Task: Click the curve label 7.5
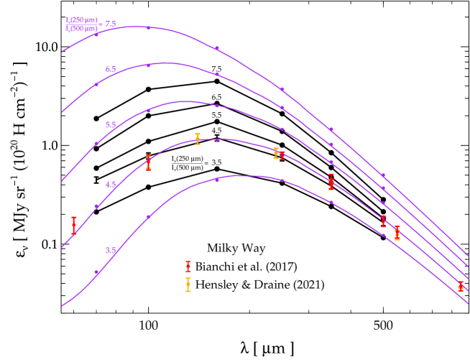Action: pos(111,24)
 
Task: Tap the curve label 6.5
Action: pos(111,70)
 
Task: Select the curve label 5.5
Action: pos(111,125)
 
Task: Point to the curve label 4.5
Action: pos(111,185)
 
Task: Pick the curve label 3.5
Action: pos(111,251)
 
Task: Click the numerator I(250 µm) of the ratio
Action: pos(80,20)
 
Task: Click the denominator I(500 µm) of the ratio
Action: pos(80,29)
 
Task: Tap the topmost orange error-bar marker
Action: pos(198,139)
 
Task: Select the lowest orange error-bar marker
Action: pos(188,285)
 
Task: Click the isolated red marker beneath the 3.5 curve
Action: pos(188,266)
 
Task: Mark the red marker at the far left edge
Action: pos(74,226)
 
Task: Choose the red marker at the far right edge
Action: pos(461,286)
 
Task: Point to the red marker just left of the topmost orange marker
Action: pos(148,162)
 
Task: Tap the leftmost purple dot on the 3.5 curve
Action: pos(96,272)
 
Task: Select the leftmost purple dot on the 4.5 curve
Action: pos(96,206)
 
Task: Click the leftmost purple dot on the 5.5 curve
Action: pos(96,143)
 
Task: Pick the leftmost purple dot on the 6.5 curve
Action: pos(96,85)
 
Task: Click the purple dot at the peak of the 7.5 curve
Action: pos(149,28)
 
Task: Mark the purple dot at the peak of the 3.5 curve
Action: pos(217,180)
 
